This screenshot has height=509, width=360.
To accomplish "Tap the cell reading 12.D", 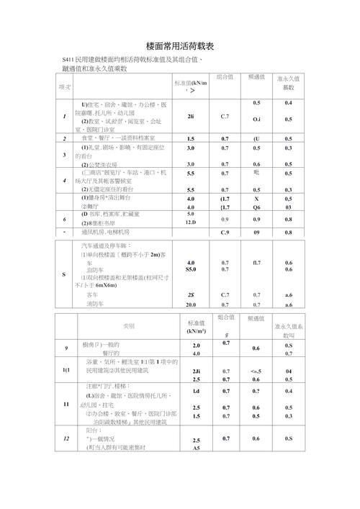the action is tap(191, 222).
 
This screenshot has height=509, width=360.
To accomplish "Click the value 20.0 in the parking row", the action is tap(191, 305).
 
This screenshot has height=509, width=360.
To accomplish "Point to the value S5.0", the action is tap(191, 269).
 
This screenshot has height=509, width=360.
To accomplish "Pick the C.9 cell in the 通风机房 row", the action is tap(225, 233).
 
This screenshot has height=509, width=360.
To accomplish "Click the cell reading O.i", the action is tap(257, 118).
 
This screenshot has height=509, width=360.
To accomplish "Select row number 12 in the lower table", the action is tap(66, 438).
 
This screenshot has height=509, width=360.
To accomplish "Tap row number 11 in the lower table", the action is tap(66, 405).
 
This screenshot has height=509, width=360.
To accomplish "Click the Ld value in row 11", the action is tap(196, 391).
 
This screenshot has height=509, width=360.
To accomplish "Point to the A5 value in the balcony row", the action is tap(196, 448).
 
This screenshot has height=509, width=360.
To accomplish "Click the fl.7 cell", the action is tap(257, 262).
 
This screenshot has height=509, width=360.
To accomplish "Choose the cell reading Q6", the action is tap(257, 207).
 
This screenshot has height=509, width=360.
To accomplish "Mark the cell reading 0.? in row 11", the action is tap(256, 391).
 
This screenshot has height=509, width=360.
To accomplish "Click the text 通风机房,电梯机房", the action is tap(108, 233).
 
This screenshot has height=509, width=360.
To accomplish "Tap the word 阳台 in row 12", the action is tap(94, 429).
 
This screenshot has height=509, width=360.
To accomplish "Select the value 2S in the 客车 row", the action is tap(191, 294).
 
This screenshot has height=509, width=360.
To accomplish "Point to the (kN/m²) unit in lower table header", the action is tap(196, 331).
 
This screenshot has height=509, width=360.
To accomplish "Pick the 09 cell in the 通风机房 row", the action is tap(257, 233).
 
